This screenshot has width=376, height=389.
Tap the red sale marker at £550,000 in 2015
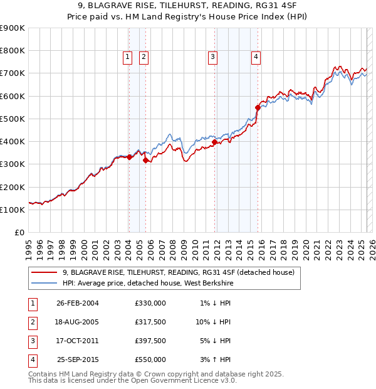click(258, 107)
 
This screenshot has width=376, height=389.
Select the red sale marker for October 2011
click(214, 142)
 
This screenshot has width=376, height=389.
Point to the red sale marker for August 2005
click(145, 160)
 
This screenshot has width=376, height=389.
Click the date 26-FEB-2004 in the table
click(78, 303)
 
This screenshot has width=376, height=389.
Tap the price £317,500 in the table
click(150, 322)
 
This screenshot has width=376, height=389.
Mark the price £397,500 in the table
click(150, 341)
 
